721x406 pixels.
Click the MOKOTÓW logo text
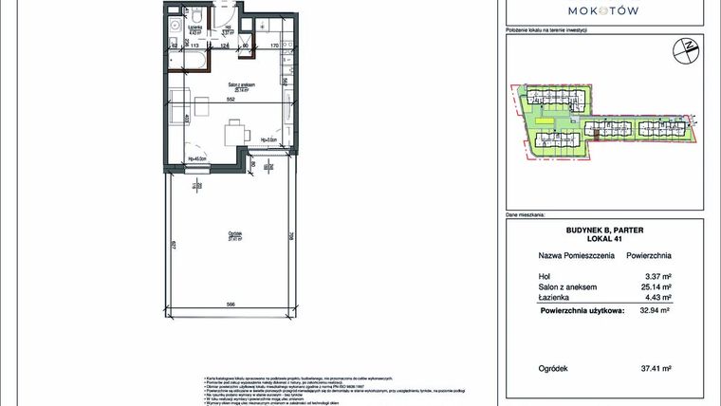click(x=602, y=11)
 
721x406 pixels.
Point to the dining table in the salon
click(x=234, y=134)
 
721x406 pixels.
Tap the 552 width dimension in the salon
click(x=228, y=100)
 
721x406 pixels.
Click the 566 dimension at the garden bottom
click(x=230, y=304)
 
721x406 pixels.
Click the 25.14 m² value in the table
click(x=656, y=286)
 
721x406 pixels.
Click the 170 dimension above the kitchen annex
click(x=274, y=45)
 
